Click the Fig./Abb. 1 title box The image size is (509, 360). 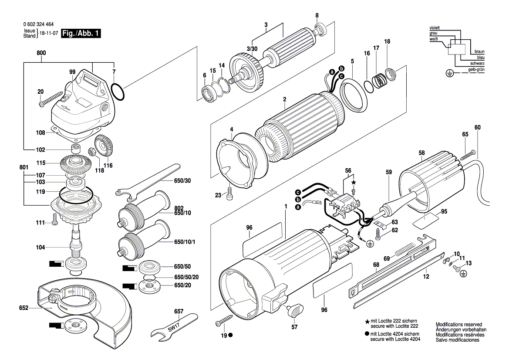(x=81, y=34)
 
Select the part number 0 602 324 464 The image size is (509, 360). (x=38, y=25)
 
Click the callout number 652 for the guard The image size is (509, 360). (x=24, y=308)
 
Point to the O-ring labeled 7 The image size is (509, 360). (x=118, y=92)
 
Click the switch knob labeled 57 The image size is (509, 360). (x=295, y=311)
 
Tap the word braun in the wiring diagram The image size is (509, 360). (x=479, y=51)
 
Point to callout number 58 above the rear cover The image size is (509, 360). (x=421, y=153)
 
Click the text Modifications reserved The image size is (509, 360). (x=458, y=325)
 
